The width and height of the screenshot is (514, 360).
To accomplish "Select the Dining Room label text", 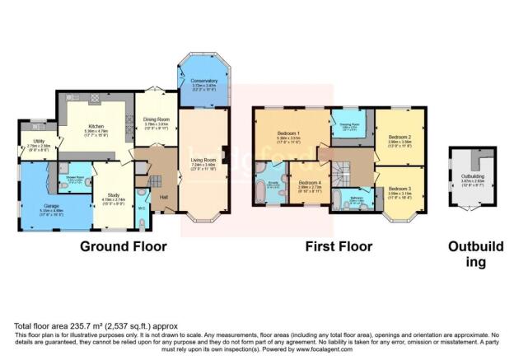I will (151, 119).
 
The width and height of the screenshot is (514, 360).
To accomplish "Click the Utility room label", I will (28, 141).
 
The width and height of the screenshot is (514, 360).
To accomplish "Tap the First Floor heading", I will (338, 246).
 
